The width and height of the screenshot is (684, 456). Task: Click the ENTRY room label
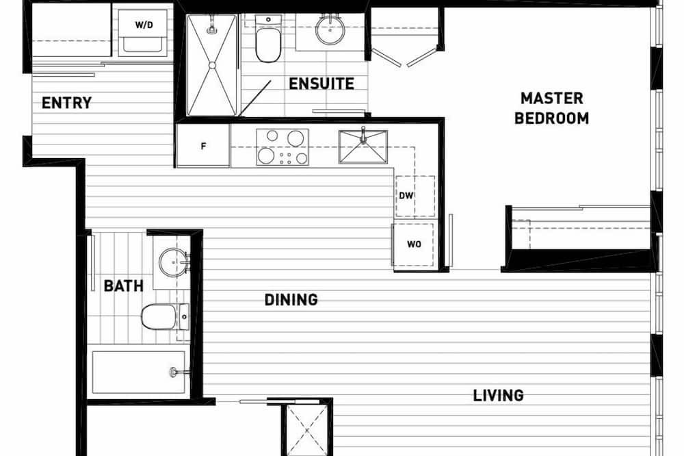click(x=66, y=103)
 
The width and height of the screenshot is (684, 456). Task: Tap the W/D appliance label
click(x=144, y=25)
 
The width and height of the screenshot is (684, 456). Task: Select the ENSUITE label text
click(x=321, y=84)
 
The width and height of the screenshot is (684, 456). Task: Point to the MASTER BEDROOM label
click(x=551, y=108)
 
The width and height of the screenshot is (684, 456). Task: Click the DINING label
click(x=291, y=300)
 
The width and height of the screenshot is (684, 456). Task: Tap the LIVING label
click(x=498, y=396)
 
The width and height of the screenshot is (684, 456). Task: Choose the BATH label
click(x=123, y=286)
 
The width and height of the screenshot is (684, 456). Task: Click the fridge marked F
click(x=203, y=145)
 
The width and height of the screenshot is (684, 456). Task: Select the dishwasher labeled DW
click(x=415, y=196)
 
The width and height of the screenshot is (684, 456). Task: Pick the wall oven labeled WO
click(x=413, y=244)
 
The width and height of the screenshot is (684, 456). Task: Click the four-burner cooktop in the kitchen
click(x=282, y=147)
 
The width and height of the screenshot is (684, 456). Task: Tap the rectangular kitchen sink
click(x=363, y=147)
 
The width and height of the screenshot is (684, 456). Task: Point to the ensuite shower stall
click(x=212, y=66)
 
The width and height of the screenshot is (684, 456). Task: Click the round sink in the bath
click(x=173, y=262)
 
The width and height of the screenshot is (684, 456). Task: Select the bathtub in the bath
click(x=138, y=372)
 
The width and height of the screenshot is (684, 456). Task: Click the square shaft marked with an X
click(x=306, y=431)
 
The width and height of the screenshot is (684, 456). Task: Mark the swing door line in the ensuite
click(x=255, y=99)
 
